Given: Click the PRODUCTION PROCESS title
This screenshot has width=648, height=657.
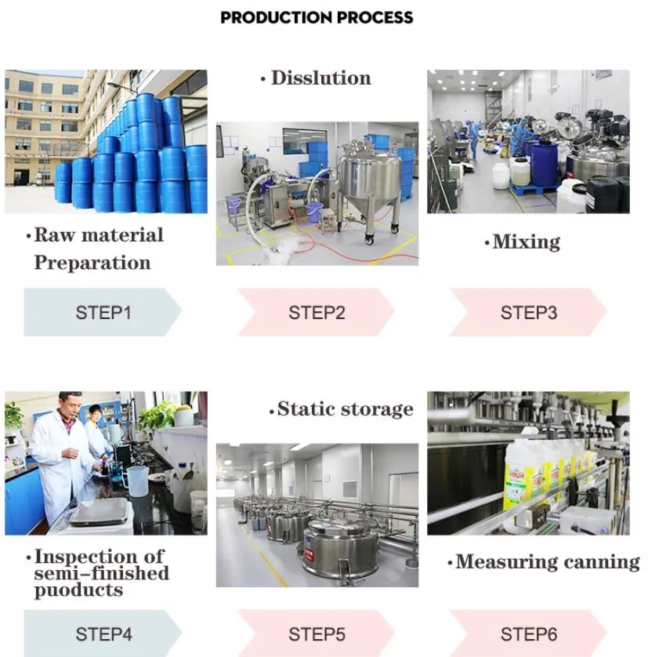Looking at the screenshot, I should [317, 17].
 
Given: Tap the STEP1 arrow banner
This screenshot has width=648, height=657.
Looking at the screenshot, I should [103, 312].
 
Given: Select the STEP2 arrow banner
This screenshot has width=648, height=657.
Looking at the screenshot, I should [316, 312].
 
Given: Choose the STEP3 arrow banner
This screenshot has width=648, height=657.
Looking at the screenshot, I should [528, 312].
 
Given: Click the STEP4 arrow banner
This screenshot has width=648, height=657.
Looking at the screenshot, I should [103, 633].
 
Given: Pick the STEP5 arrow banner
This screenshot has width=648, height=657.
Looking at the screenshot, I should [316, 633].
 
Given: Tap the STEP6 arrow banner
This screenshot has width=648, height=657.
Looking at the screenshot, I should [528, 633].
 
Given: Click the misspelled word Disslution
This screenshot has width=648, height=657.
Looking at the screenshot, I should [320, 78].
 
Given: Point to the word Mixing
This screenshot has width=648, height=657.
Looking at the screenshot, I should [526, 242].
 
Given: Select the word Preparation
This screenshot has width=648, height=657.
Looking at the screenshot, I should [92, 263].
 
